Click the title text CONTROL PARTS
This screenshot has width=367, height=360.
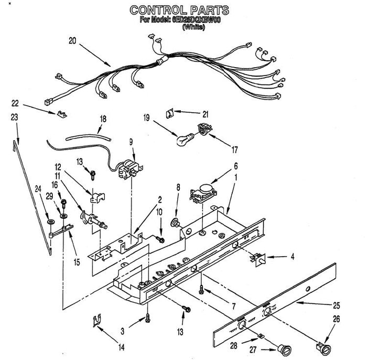click(179, 10)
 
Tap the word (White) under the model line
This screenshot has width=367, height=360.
click(193, 28)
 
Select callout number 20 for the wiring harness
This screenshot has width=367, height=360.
click(72, 39)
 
